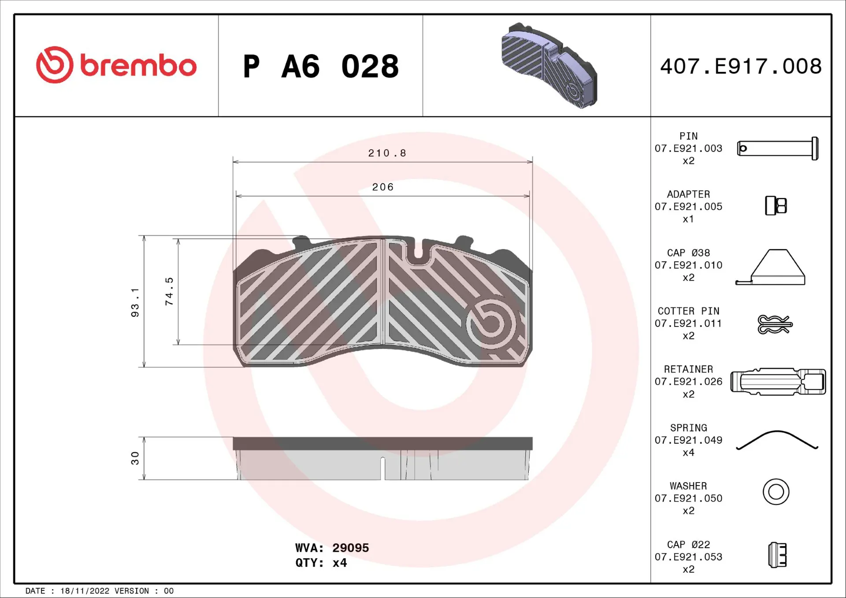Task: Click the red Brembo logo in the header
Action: [116, 65]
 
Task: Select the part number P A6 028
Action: [321, 67]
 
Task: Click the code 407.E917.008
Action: [741, 67]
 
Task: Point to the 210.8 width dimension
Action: [387, 153]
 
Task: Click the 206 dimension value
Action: [382, 187]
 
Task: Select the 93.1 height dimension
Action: [135, 302]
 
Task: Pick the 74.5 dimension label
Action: [169, 291]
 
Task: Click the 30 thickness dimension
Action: [135, 458]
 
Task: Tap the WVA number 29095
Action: [350, 548]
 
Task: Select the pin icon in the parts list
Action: [778, 149]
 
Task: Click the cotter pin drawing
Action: [774, 324]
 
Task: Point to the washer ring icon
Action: [776, 492]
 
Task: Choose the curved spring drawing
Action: [777, 440]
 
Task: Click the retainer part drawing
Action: [778, 382]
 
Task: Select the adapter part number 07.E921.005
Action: [688, 207]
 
